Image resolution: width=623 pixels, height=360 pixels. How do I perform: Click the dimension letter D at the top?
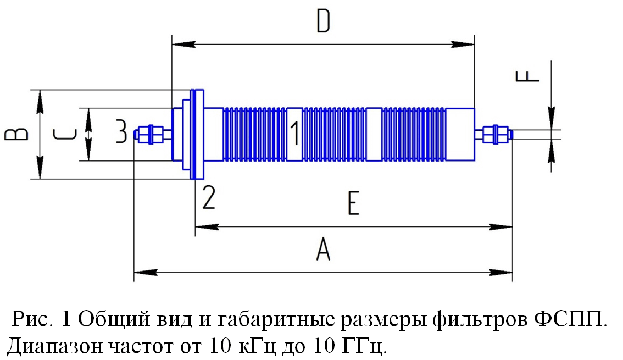pyautogui.click(x=323, y=21)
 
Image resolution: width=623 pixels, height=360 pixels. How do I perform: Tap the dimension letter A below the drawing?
pyautogui.click(x=323, y=249)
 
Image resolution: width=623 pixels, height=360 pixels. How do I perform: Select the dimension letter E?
pyautogui.click(x=353, y=203)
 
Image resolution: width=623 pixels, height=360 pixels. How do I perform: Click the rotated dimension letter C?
pyautogui.click(x=64, y=134)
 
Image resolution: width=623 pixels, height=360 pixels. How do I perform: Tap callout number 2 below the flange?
pyautogui.click(x=209, y=197)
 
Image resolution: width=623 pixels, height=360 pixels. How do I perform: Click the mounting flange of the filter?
pyautogui.click(x=197, y=134)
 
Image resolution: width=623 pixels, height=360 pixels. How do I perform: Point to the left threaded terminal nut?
pyautogui.click(x=150, y=134)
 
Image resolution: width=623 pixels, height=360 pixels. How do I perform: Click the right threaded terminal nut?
pyautogui.click(x=495, y=134)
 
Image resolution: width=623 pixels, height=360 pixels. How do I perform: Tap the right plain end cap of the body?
pyautogui.click(x=460, y=134)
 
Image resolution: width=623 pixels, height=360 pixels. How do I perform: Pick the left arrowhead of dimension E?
pyautogui.click(x=207, y=228)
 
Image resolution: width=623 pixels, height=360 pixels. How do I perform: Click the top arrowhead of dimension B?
pyautogui.click(x=40, y=101)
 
